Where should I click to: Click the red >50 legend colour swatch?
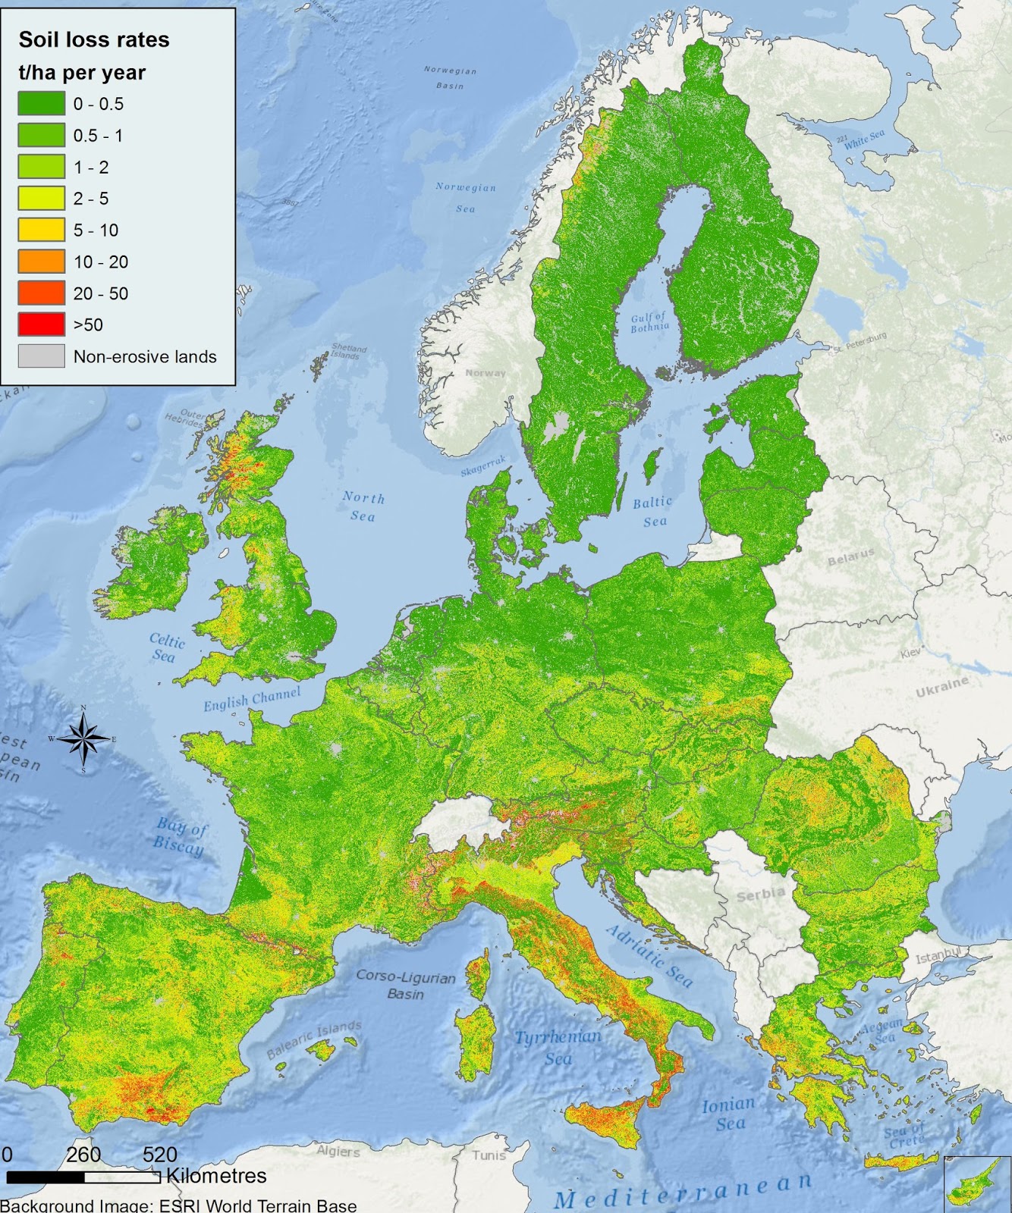[41, 324]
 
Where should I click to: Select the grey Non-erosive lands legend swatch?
[41, 356]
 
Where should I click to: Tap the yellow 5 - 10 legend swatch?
[41, 230]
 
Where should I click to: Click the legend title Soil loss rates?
[94, 40]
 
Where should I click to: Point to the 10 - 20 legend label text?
[101, 262]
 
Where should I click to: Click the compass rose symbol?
[83, 739]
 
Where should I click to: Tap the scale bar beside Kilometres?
[83, 1177]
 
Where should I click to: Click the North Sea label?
[363, 506]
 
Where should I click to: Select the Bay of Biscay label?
[180, 835]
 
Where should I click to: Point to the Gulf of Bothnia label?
[649, 322]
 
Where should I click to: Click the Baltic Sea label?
[652, 511]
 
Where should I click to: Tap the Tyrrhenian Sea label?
[558, 1046]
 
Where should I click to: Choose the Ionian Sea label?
[728, 1114]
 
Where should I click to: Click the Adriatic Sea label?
[649, 957]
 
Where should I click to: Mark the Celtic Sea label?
[166, 648]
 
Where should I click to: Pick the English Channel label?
[252, 699]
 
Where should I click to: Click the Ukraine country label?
[942, 687]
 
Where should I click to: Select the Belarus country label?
[850, 557]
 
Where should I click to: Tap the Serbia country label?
[760, 895]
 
